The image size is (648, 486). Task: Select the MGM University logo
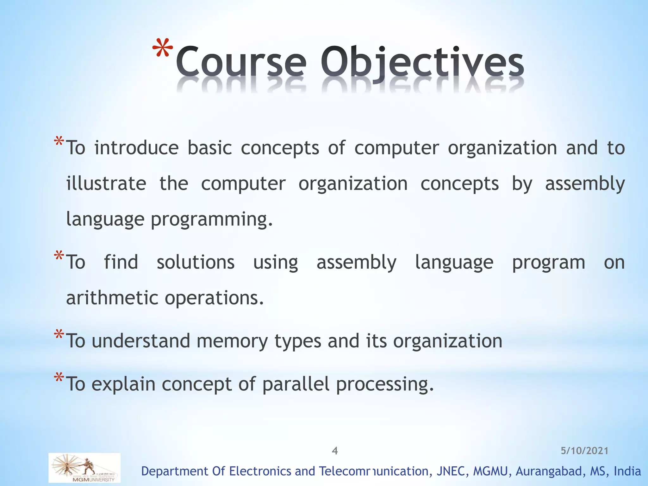[x=84, y=468]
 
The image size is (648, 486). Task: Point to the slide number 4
[x=335, y=451]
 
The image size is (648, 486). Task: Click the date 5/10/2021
[x=584, y=451]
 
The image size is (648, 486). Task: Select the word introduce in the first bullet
[x=136, y=148]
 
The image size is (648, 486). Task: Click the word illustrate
[x=106, y=184]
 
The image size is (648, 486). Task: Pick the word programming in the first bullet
[x=211, y=220]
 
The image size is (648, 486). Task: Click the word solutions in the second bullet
[x=196, y=262]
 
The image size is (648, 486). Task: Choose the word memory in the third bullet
[x=232, y=341]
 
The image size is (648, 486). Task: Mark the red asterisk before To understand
[x=59, y=334]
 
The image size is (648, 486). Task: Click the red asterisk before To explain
[x=59, y=377]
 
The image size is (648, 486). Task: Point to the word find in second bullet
[x=121, y=262]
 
